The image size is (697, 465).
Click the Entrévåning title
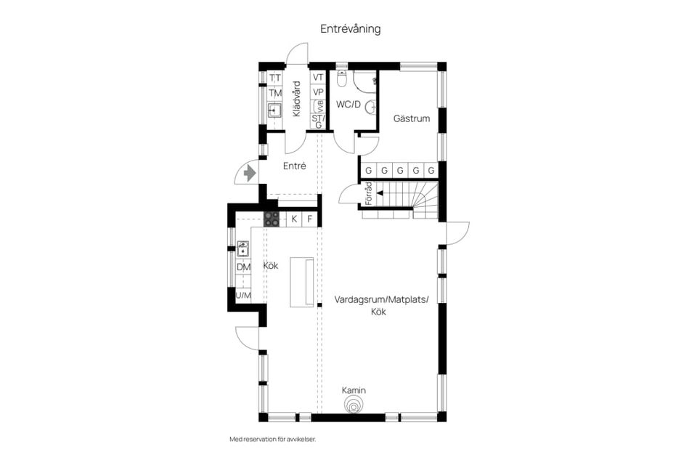click(350, 29)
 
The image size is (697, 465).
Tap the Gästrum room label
click(412, 118)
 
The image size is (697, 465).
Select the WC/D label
click(348, 105)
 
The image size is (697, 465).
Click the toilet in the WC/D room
click(342, 78)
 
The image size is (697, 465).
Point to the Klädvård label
click(296, 99)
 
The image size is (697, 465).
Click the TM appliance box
click(275, 93)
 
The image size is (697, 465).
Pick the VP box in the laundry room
click(318, 92)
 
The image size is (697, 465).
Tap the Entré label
click(294, 166)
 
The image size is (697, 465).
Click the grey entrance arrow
click(250, 173)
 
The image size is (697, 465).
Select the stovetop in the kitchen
click(272, 219)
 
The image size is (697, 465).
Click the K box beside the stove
click(294, 219)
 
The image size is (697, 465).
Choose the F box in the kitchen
click(309, 219)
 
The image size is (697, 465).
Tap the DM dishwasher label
click(243, 267)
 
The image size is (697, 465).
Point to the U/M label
click(243, 296)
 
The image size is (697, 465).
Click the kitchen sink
click(242, 248)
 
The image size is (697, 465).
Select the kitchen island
click(302, 282)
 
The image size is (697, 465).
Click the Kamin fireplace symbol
click(354, 406)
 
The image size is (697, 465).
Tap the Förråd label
click(368, 193)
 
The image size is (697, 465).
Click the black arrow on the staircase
click(380, 193)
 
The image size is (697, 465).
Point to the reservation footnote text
click(272, 439)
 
